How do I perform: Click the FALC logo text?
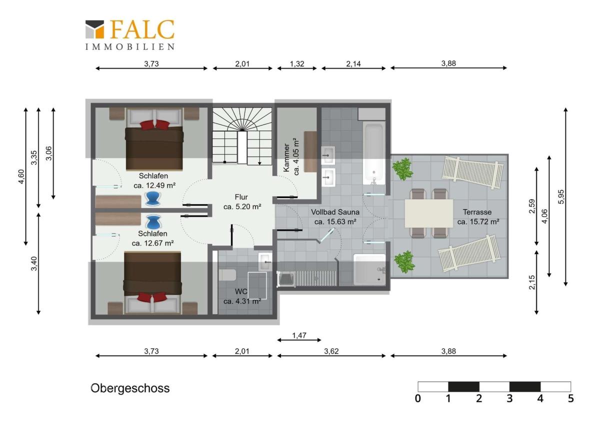(142, 29)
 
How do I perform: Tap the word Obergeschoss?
(130, 388)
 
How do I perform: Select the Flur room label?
(241, 197)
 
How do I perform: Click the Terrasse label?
(477, 212)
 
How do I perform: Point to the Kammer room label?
(286, 158)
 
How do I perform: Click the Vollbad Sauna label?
(335, 212)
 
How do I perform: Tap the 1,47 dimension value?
(299, 335)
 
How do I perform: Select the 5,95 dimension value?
(561, 197)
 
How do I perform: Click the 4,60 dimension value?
(21, 177)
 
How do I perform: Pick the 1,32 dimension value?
(297, 64)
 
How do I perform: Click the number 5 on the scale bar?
(571, 398)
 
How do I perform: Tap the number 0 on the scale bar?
(418, 398)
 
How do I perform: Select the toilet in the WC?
(227, 275)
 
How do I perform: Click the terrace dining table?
(428, 213)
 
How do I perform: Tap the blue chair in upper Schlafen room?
(153, 198)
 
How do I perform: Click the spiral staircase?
(242, 136)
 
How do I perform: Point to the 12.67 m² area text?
(152, 243)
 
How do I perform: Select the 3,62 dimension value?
(331, 351)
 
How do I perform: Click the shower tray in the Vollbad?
(369, 269)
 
